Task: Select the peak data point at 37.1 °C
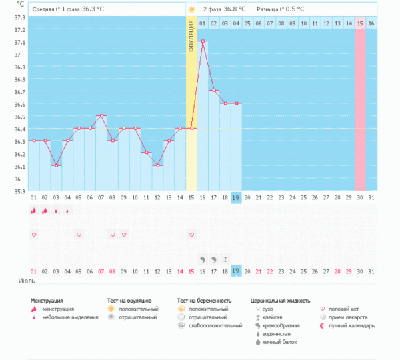pyautogui.click(x=203, y=41)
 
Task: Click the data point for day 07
pyautogui.click(x=101, y=116)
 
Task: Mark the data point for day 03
pyautogui.click(x=56, y=165)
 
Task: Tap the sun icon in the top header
pyautogui.click(x=191, y=9)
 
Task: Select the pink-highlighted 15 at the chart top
pyautogui.click(x=360, y=23)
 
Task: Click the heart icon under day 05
pyautogui.click(x=79, y=235)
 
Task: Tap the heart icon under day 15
pyautogui.click(x=191, y=235)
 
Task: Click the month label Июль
pyautogui.click(x=26, y=281)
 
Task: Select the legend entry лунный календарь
pyautogui.click(x=353, y=325)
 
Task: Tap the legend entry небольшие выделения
pyautogui.click(x=69, y=317)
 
